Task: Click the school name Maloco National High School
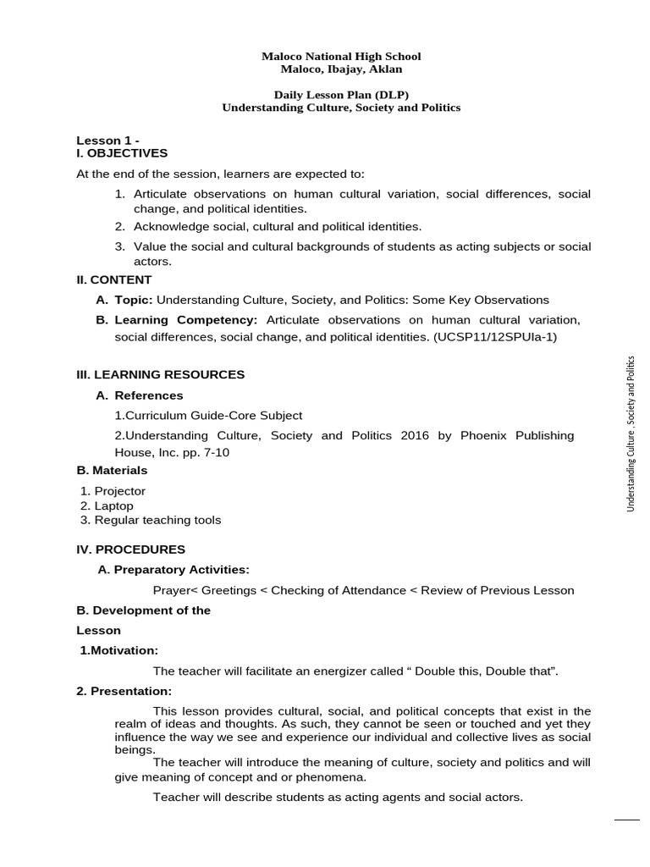pos(341,57)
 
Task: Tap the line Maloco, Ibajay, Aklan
pos(341,69)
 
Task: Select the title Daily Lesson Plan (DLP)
pos(341,96)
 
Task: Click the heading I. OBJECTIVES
pos(122,153)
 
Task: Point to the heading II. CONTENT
pos(114,279)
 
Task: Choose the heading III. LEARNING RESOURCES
pos(160,374)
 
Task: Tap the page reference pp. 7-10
pos(206,452)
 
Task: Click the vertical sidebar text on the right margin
pos(631,433)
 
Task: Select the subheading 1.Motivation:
pos(118,650)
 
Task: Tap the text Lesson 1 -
pos(107,141)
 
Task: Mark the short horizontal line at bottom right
pos(626,820)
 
